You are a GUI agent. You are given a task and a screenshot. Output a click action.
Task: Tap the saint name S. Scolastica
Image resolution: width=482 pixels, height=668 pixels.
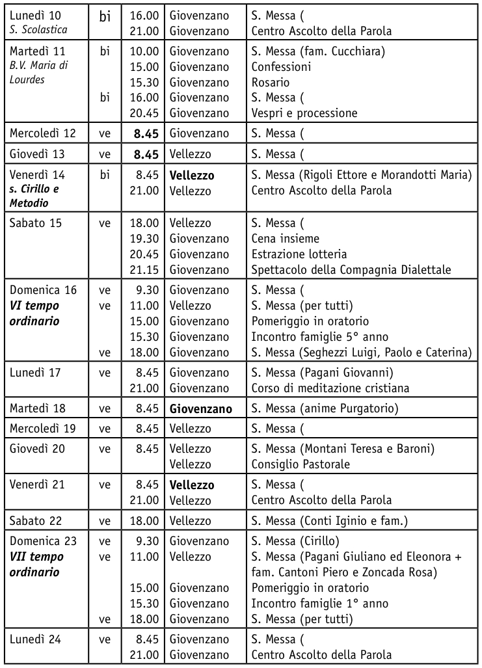[39, 31]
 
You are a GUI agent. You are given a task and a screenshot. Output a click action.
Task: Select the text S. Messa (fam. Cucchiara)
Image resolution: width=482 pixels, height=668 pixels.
[317, 51]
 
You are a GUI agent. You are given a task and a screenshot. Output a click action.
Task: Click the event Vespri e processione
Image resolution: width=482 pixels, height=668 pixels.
[304, 113]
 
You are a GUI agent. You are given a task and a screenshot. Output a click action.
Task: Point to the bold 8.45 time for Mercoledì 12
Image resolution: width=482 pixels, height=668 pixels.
[146, 134]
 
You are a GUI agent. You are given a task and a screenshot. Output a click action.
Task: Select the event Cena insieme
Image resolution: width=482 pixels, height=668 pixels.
[286, 239]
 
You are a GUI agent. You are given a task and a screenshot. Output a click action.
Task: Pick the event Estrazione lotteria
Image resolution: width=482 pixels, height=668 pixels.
[299, 254]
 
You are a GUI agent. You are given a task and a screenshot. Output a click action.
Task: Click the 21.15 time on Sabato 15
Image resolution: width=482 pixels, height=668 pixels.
[144, 270]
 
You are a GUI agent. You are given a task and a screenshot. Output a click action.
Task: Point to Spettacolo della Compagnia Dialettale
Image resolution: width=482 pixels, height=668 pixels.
[351, 270]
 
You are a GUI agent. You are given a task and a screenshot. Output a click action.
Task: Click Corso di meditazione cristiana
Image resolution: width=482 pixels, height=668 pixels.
[330, 388]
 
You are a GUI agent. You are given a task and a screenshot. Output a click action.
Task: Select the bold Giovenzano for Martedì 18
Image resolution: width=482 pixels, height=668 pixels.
[201, 409]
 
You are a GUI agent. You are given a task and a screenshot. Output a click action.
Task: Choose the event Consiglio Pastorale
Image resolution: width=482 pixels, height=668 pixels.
[301, 464]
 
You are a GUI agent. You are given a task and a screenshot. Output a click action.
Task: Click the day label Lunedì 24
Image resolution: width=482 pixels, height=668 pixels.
[35, 639]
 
